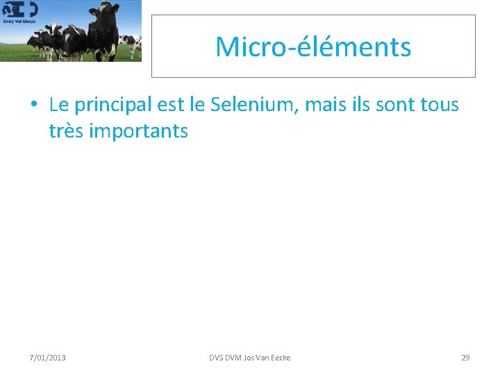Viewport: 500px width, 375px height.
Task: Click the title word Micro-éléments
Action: click(x=313, y=47)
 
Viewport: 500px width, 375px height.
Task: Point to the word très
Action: click(x=65, y=131)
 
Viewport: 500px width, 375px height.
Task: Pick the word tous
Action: click(x=439, y=106)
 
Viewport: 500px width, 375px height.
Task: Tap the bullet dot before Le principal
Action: click(x=33, y=106)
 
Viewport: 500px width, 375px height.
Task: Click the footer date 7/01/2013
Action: click(x=48, y=358)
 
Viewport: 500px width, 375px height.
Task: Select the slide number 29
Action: click(x=465, y=358)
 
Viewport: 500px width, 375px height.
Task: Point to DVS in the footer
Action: click(x=217, y=358)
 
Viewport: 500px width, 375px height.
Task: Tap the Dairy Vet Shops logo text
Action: click(x=19, y=21)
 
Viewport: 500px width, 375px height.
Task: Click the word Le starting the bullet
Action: click(x=59, y=106)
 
